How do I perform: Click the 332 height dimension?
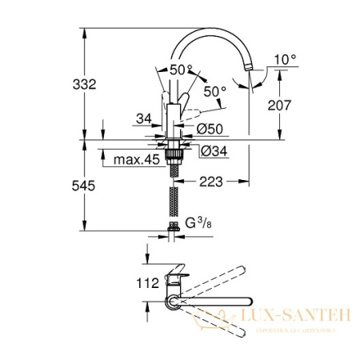64,83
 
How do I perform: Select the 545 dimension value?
64,186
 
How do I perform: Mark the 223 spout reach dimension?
210,182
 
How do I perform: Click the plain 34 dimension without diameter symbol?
144,119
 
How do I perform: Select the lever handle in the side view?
185,102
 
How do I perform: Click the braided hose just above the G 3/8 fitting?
174,203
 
